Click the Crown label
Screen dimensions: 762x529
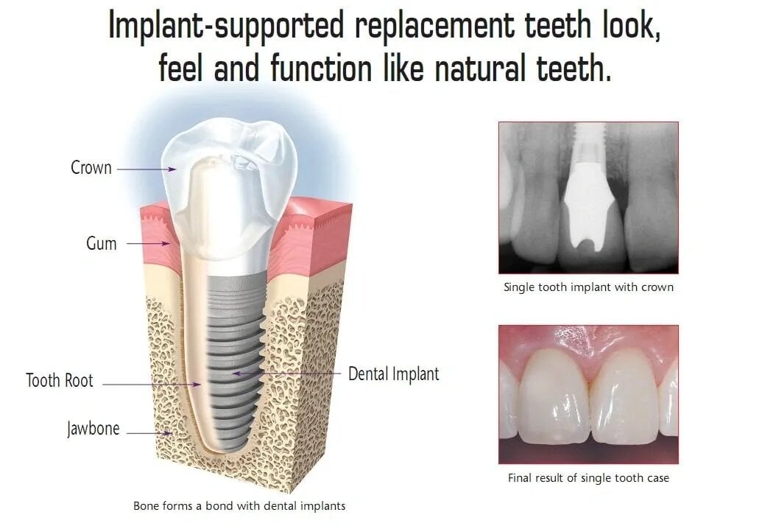(91, 168)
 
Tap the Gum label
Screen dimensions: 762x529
(101, 243)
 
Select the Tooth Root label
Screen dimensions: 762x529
(60, 380)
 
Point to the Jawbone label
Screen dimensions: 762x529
(94, 429)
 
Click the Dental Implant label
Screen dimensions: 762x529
(394, 374)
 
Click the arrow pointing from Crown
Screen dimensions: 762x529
(147, 169)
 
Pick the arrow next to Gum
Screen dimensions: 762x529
(148, 243)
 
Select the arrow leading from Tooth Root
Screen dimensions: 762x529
(151, 384)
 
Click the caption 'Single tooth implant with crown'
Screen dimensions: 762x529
(588, 287)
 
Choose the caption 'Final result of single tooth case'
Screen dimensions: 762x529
(588, 478)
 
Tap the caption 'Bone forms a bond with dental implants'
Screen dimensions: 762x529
(239, 506)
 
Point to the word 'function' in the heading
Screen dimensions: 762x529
(321, 68)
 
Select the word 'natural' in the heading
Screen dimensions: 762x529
(480, 68)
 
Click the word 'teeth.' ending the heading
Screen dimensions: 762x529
(574, 68)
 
